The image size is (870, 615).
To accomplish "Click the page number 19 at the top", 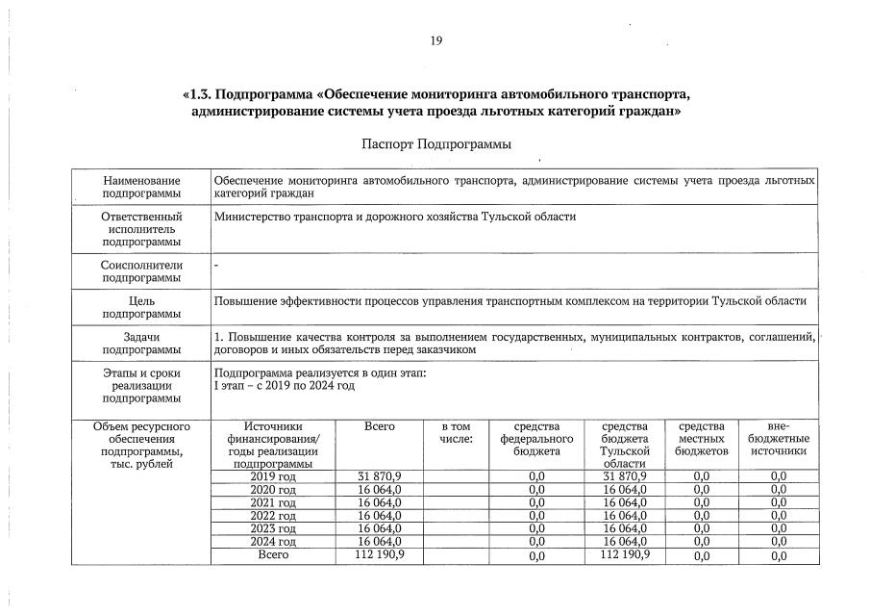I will tap(435, 40).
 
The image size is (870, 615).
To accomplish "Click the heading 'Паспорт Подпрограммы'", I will tap(435, 144).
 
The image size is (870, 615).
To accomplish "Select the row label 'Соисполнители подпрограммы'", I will tap(142, 270).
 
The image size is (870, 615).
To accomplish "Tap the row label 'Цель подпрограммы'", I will tap(142, 307).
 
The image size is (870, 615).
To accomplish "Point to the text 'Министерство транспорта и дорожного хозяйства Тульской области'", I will tap(394, 217).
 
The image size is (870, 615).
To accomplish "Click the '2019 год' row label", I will tap(273, 476).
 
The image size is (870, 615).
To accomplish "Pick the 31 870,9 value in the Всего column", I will tap(379, 476).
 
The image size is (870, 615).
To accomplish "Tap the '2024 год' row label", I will tap(273, 542).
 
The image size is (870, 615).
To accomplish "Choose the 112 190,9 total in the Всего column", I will tap(381, 554).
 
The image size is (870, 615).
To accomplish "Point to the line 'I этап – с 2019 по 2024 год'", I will tap(285, 385).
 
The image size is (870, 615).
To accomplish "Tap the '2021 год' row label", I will tap(273, 502).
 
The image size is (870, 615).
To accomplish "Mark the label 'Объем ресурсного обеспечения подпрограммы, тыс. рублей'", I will tap(142, 445).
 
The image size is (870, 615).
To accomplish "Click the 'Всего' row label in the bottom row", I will tap(273, 555).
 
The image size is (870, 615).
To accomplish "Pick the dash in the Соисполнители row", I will tap(216, 263).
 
